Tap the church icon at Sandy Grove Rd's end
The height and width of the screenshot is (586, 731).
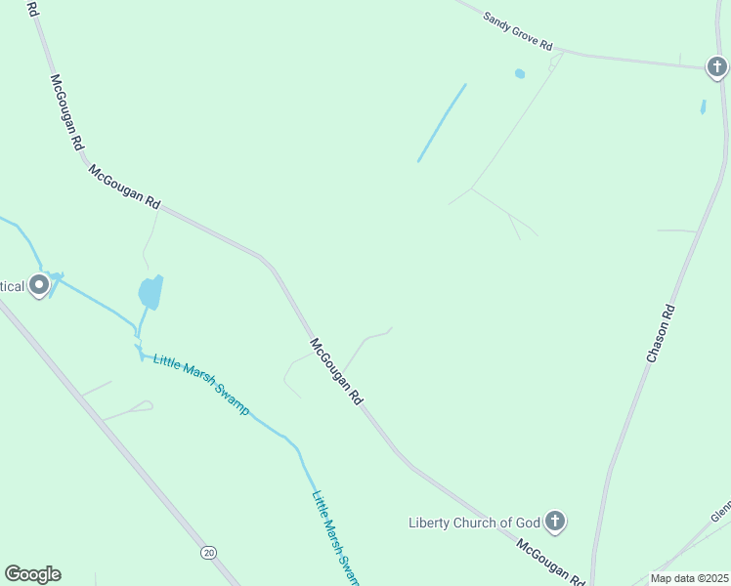[717, 67]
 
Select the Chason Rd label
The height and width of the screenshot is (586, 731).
[661, 334]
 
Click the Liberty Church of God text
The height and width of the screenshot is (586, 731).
[473, 523]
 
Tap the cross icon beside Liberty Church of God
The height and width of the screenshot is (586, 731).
[555, 522]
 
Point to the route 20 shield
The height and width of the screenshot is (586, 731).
[208, 552]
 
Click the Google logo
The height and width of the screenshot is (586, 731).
[32, 574]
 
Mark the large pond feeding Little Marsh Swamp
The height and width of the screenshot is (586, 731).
[150, 291]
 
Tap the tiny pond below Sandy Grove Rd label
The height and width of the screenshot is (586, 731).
[520, 73]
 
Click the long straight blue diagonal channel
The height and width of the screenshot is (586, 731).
[442, 123]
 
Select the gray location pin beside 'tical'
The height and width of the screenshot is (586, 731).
[39, 285]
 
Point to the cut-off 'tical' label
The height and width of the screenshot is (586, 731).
[12, 286]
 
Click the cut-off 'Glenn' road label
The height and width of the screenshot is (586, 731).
[720, 511]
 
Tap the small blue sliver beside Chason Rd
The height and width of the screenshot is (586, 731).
[703, 106]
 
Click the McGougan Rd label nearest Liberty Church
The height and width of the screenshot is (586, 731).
[550, 562]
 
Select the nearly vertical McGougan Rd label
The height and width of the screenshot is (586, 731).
[66, 112]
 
